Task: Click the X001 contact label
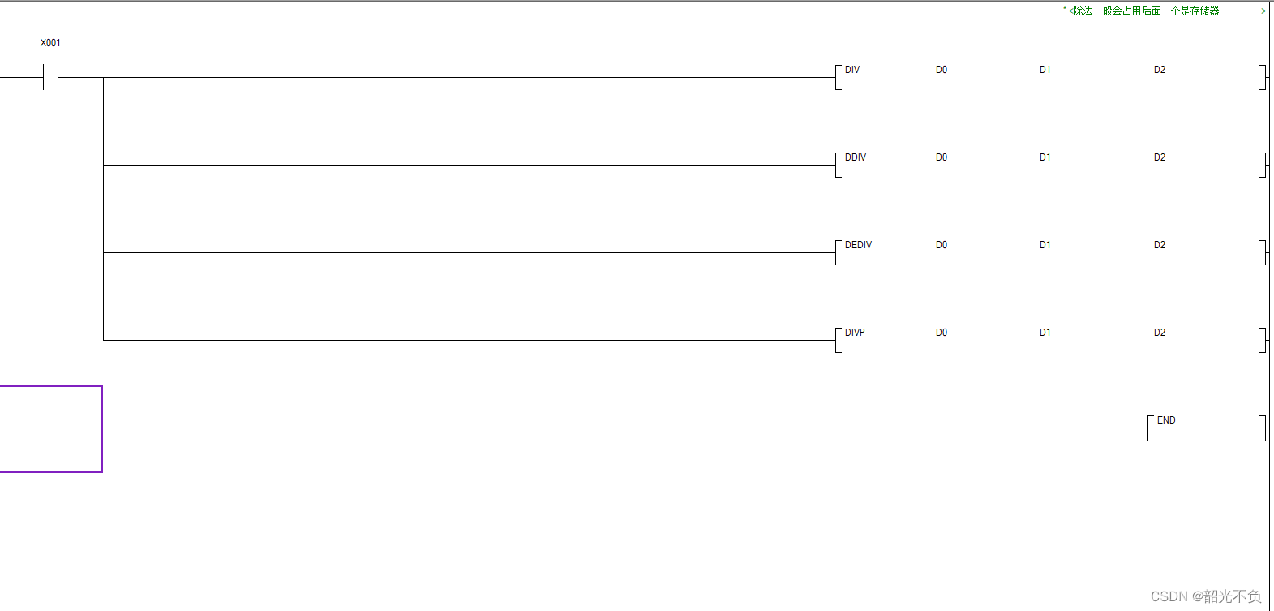click(50, 43)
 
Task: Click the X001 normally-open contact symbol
click(51, 78)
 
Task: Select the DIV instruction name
click(851, 70)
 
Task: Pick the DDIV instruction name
click(855, 157)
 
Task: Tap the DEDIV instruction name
click(858, 245)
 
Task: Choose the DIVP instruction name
click(855, 333)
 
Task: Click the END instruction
click(1165, 420)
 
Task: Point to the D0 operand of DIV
click(941, 70)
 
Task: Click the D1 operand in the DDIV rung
click(1045, 157)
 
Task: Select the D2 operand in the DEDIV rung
click(1159, 245)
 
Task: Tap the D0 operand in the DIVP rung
click(941, 333)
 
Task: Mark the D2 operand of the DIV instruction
click(1159, 70)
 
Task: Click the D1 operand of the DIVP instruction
click(1045, 333)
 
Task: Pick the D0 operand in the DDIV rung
click(941, 157)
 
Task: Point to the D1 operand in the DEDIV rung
click(1045, 245)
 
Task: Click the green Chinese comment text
click(1144, 11)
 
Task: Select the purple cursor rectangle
click(50, 429)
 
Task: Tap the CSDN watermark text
click(1205, 596)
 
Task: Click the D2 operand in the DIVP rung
click(1159, 333)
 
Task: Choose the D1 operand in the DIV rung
click(1045, 70)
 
